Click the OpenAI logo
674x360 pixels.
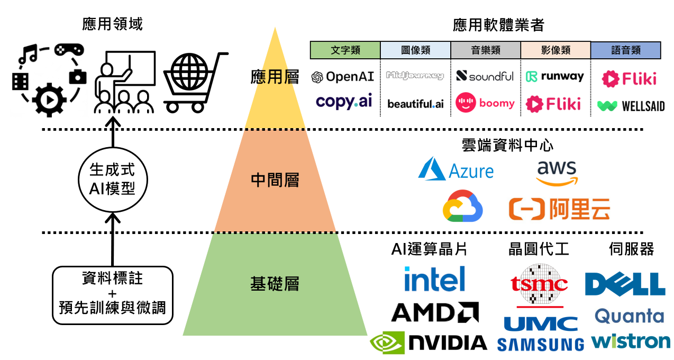pyautogui.click(x=343, y=77)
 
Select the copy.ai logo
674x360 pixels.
pyautogui.click(x=344, y=102)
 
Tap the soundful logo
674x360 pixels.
pyautogui.click(x=485, y=76)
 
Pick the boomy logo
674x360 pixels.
pyautogui.click(x=485, y=103)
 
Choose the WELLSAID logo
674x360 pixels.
pyautogui.click(x=631, y=106)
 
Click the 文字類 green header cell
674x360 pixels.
pyautogui.click(x=345, y=50)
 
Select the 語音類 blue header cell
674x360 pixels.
pyautogui.click(x=625, y=50)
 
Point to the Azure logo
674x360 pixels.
pyautogui.click(x=456, y=169)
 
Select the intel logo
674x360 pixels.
pyautogui.click(x=434, y=279)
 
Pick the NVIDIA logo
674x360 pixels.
pyautogui.click(x=429, y=343)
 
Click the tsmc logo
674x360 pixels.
pyautogui.click(x=539, y=284)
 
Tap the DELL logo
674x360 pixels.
pyautogui.click(x=625, y=284)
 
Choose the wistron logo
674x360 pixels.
pyautogui.click(x=630, y=341)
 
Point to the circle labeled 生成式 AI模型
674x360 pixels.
pyautogui.click(x=112, y=179)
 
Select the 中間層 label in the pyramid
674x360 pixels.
pyautogui.click(x=275, y=181)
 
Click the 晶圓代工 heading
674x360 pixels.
pyautogui.click(x=539, y=249)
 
